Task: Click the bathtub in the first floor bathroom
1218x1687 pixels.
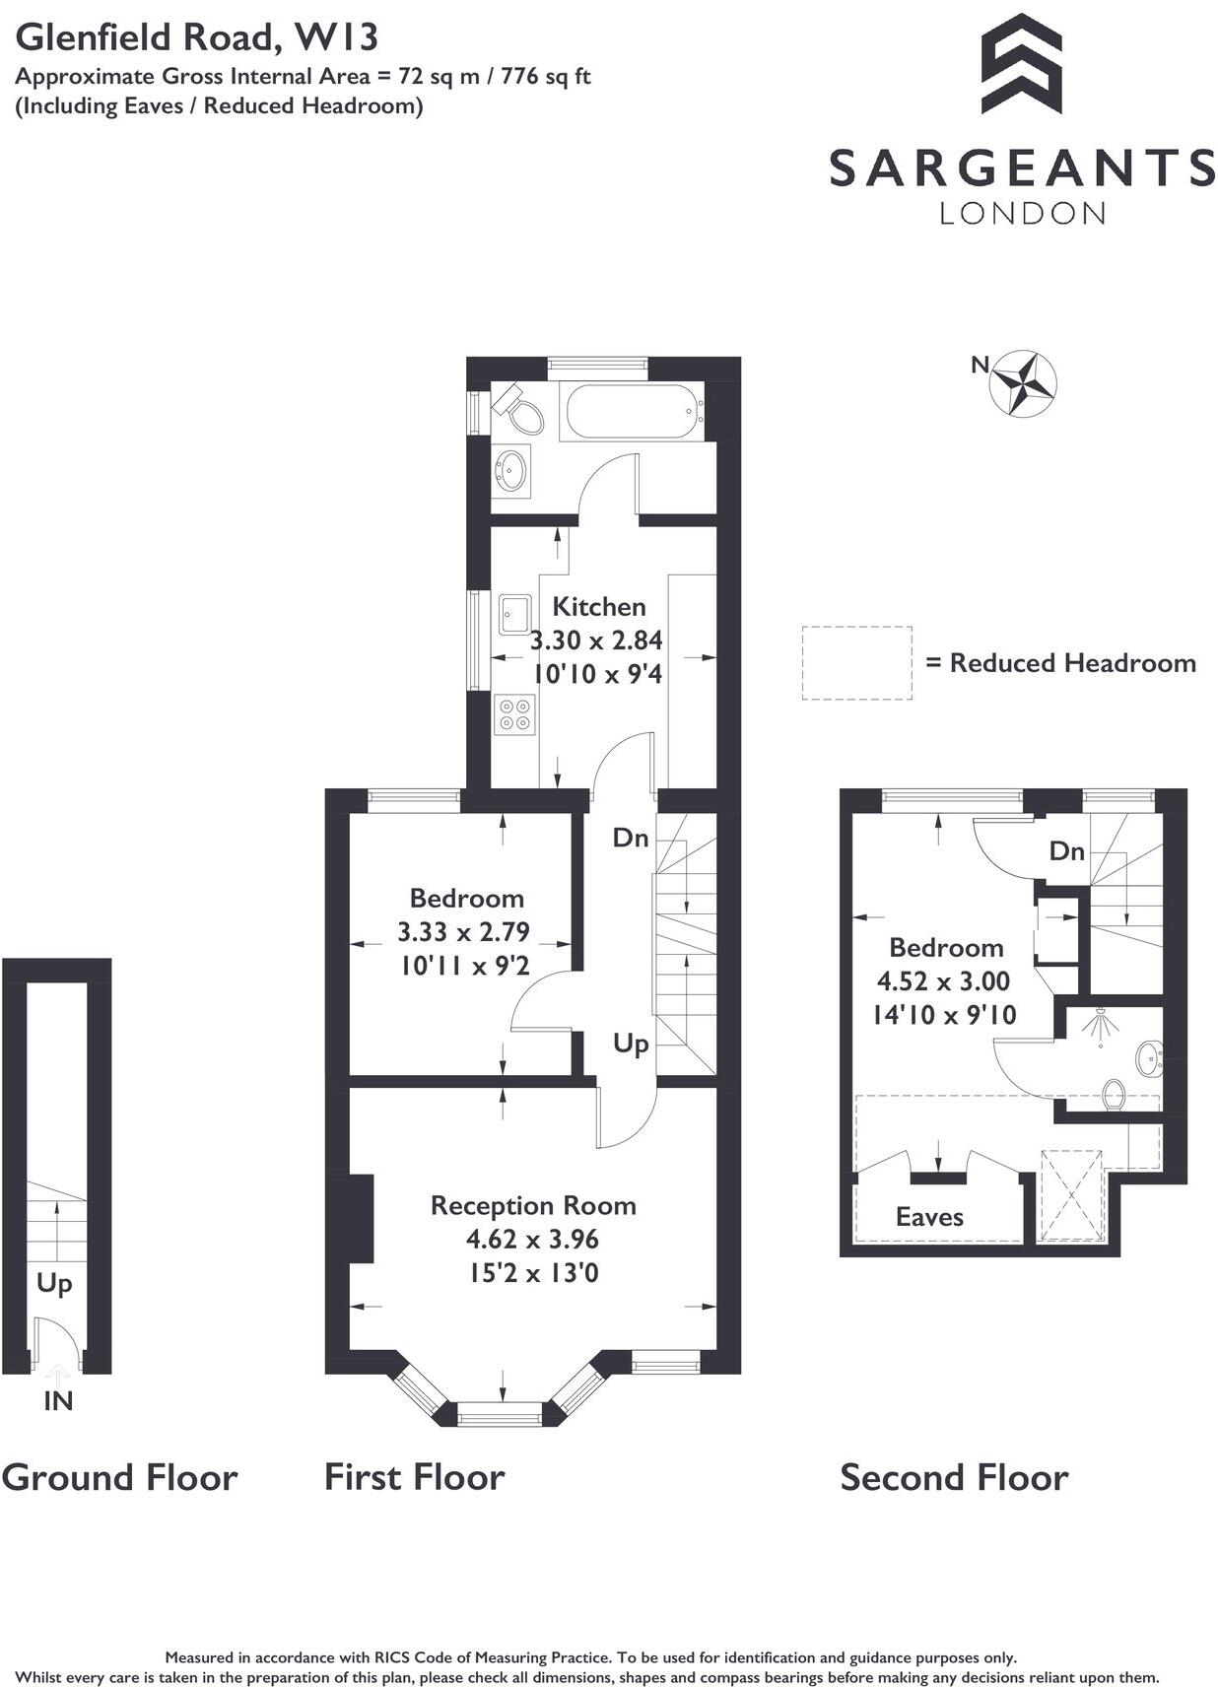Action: point(632,412)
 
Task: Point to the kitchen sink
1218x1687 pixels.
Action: point(513,613)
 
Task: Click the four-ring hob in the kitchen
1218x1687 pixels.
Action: point(513,714)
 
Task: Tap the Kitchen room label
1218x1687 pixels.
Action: point(598,606)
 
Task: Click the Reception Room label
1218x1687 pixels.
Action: point(533,1205)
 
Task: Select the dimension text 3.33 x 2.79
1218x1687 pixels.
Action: point(463,931)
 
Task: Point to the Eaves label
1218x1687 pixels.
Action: point(928,1217)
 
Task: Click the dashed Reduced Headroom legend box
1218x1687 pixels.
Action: point(855,663)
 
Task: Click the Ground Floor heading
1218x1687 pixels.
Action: point(119,1477)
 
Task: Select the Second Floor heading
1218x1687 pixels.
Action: point(953,1477)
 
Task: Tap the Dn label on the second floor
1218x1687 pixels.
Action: point(1066,850)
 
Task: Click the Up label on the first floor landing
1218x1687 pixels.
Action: point(631,1043)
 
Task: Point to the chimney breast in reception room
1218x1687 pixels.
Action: point(361,1218)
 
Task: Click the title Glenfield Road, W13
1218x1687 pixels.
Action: point(197,37)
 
